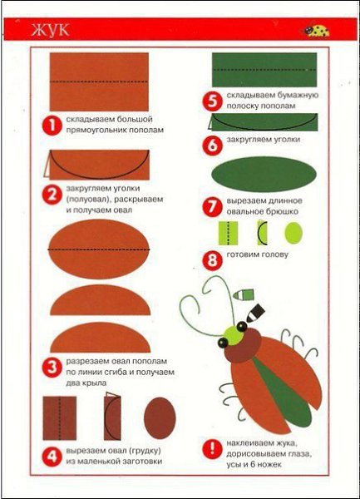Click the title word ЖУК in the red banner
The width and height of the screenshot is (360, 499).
click(50, 30)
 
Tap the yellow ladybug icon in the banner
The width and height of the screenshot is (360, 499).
click(316, 31)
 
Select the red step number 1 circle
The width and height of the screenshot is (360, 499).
click(51, 125)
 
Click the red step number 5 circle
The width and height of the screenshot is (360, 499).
click(212, 101)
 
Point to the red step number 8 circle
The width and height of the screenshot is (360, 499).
click(212, 261)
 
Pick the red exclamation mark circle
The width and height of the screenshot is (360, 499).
click(212, 449)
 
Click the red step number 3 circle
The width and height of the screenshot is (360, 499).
click(52, 368)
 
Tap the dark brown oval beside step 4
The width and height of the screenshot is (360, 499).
click(160, 417)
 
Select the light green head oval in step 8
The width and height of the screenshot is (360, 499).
click(293, 233)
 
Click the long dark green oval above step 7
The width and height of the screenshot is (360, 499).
click(264, 174)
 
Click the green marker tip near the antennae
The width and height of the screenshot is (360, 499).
click(244, 294)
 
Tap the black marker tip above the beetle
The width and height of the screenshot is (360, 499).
click(255, 314)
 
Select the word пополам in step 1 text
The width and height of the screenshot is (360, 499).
click(146, 130)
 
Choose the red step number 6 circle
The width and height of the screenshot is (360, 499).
click(212, 146)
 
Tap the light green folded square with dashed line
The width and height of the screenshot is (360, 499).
click(229, 233)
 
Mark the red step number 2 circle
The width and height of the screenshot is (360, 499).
click(52, 195)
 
